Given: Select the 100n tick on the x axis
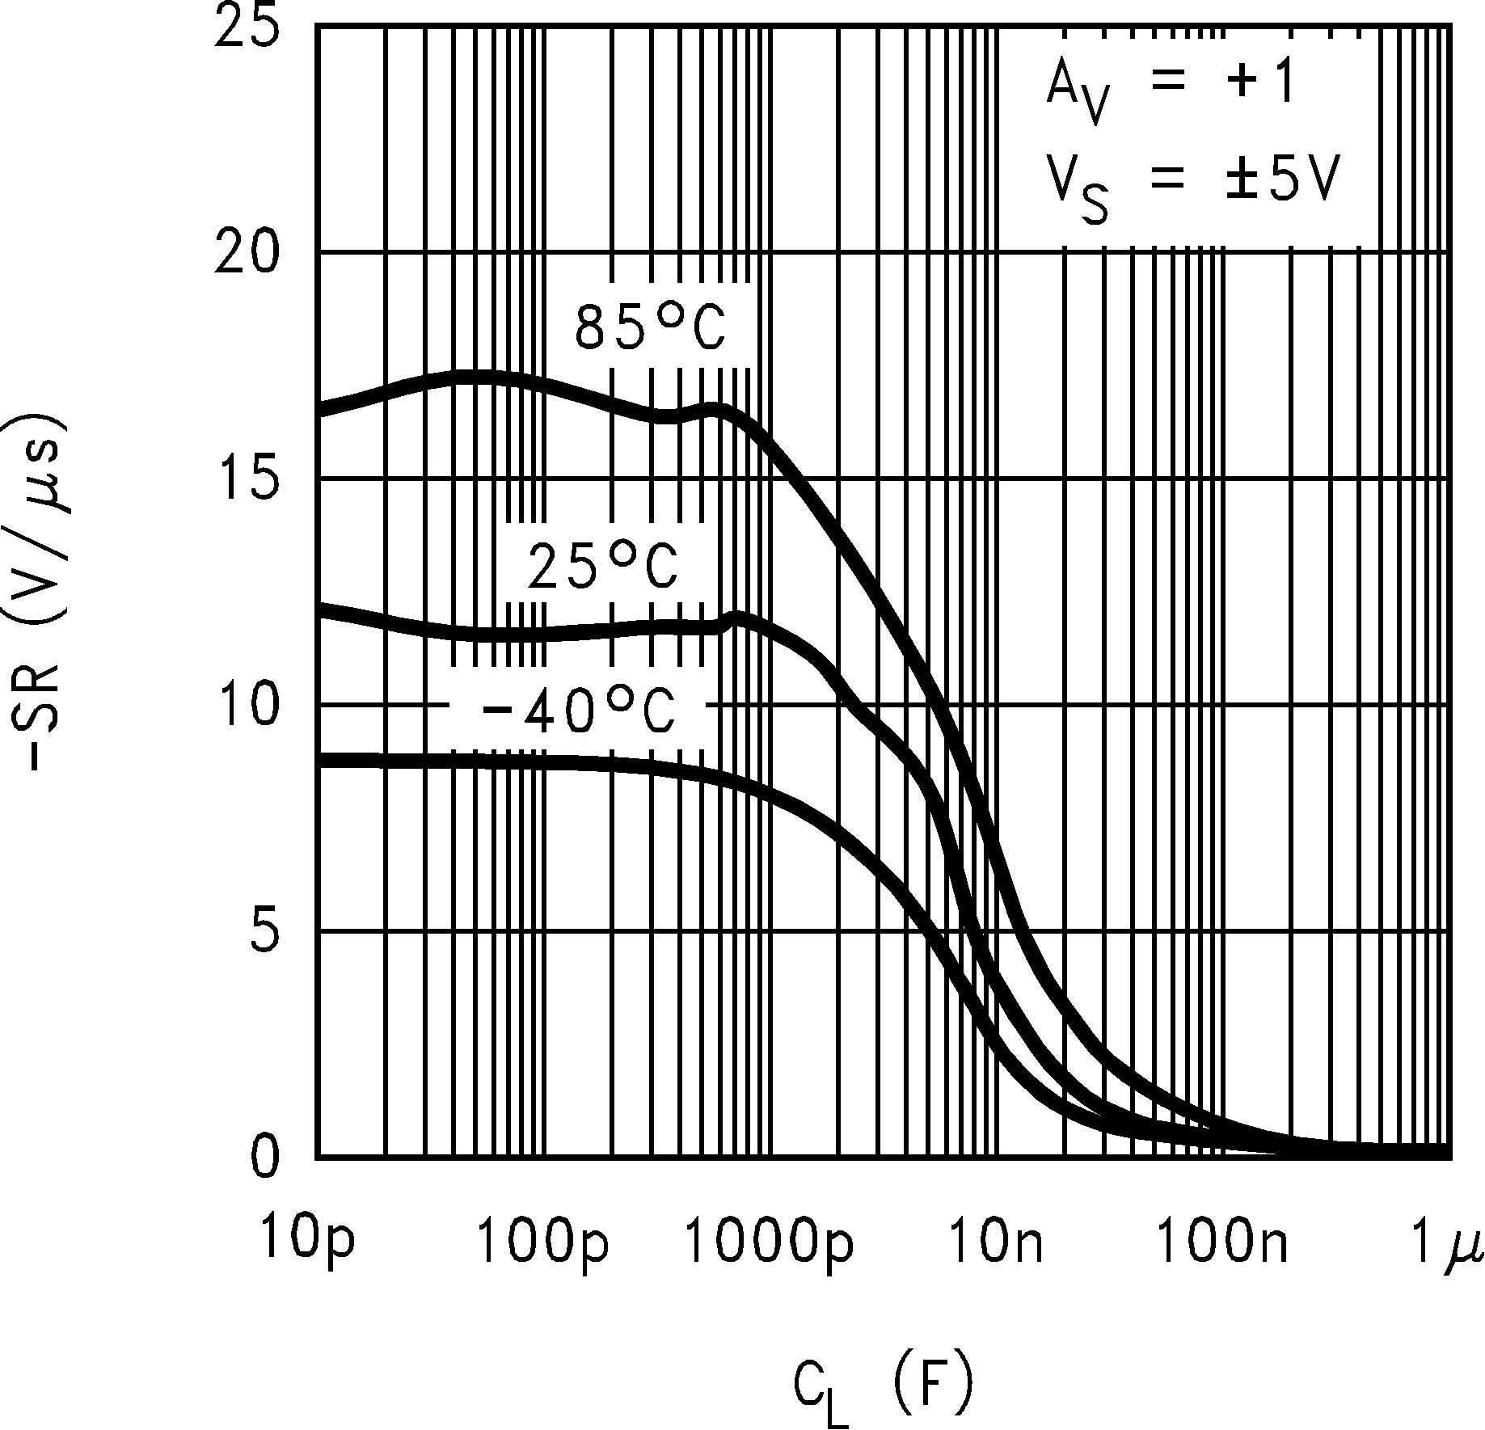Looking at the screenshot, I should tap(1222, 1242).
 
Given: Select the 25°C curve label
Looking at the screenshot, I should tap(601, 566).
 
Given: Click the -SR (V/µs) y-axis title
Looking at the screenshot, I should tap(47, 594).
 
